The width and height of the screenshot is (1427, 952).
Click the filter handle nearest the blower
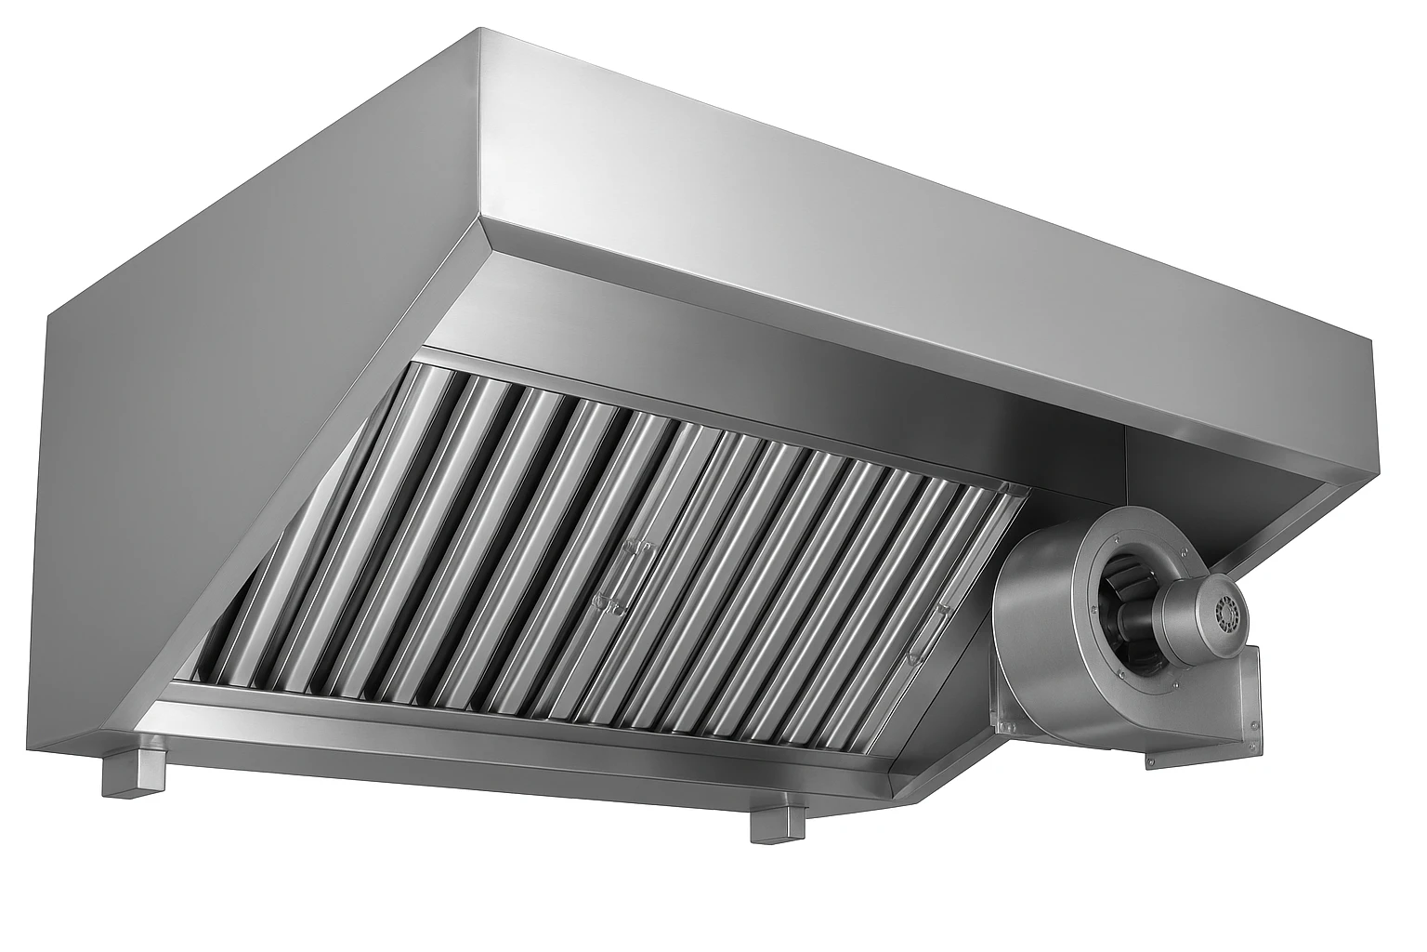point(926,631)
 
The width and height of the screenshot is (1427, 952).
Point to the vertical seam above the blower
point(1125,465)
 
